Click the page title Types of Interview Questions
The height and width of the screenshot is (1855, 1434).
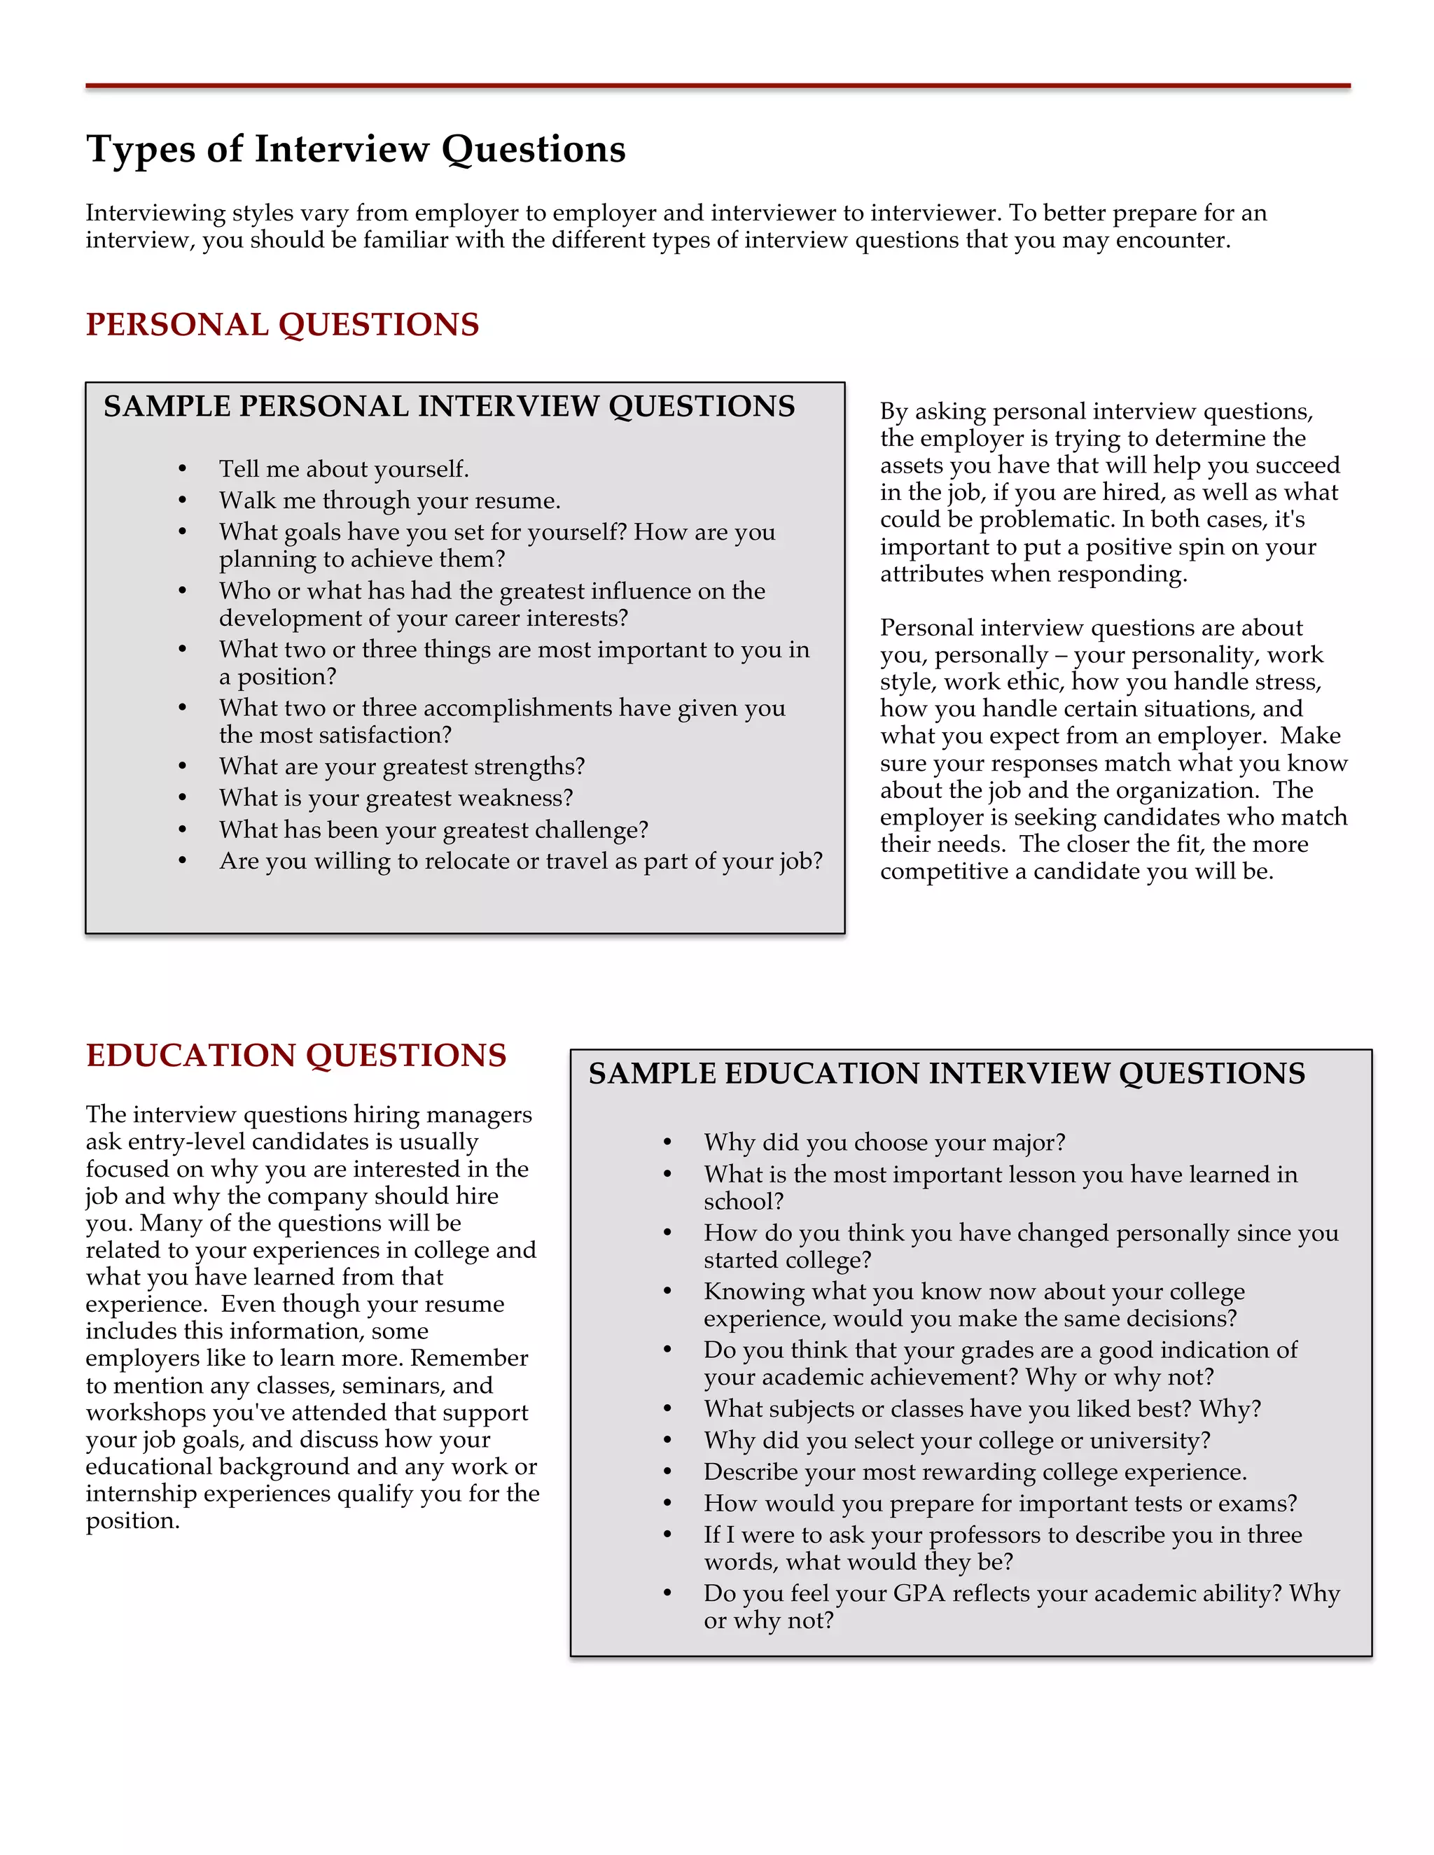pyautogui.click(x=355, y=150)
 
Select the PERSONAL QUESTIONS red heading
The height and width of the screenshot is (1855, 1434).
pyautogui.click(x=282, y=325)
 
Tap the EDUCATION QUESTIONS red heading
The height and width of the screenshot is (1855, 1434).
pyautogui.click(x=295, y=1055)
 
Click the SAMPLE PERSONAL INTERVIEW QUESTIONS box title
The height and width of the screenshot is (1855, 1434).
pyautogui.click(x=449, y=406)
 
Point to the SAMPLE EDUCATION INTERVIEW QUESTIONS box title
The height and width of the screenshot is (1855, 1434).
pyautogui.click(x=947, y=1074)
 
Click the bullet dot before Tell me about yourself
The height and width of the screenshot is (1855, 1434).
pyautogui.click(x=183, y=470)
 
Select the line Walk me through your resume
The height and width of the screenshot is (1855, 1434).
pyautogui.click(x=389, y=500)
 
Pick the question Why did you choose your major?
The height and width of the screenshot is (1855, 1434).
pyautogui.click(x=884, y=1142)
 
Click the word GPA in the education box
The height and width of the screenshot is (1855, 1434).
pyautogui.click(x=919, y=1593)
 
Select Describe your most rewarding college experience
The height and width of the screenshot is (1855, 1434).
pyautogui.click(x=975, y=1472)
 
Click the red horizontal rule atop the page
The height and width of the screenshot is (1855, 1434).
pyautogui.click(x=717, y=86)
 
